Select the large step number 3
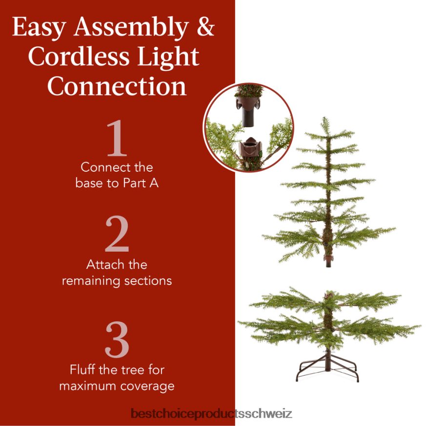click(117, 340)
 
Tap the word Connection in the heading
click(117, 86)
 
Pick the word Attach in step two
click(103, 265)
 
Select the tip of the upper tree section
click(324, 120)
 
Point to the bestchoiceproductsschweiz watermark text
click(211, 414)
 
